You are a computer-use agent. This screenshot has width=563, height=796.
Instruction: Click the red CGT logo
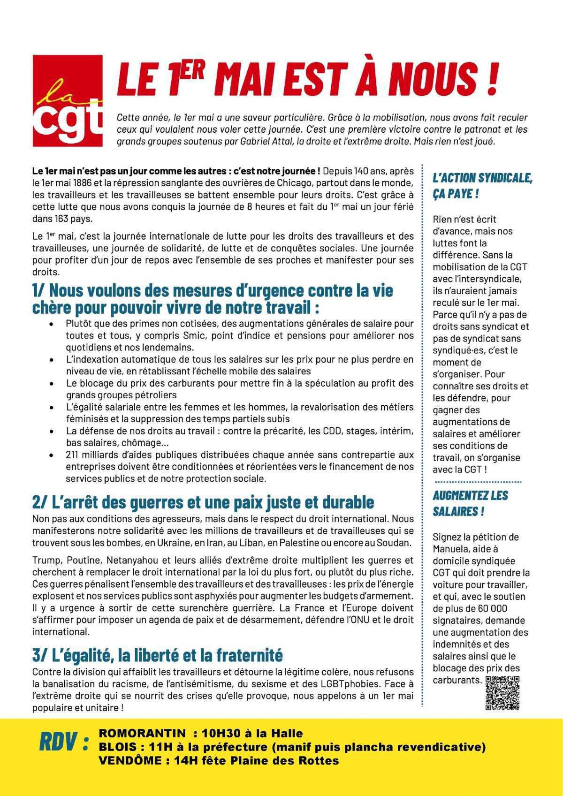tap(67, 100)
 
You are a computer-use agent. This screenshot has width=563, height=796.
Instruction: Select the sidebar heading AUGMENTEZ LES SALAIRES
tap(470, 503)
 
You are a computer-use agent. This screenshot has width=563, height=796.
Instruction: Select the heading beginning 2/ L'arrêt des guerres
tap(203, 502)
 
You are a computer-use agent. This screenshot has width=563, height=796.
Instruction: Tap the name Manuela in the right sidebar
tap(452, 549)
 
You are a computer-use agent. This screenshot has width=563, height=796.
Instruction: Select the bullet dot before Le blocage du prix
tap(51, 383)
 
